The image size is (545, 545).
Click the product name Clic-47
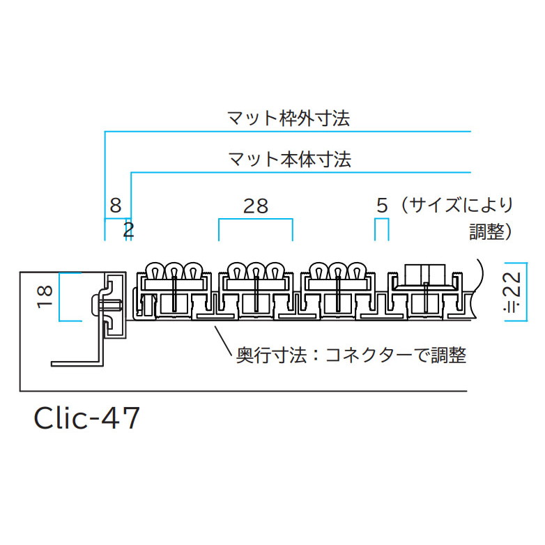[87, 417]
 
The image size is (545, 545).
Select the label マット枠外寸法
[289, 118]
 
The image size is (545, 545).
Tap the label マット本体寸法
[289, 159]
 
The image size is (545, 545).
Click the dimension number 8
[116, 206]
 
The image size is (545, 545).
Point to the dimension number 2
[129, 230]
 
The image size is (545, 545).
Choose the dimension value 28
[256, 206]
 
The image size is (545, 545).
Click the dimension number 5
[382, 206]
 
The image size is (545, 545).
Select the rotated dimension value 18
[45, 296]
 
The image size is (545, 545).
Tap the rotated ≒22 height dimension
[513, 291]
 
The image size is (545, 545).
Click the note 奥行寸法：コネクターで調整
[351, 355]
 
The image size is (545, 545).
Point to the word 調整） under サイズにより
[491, 231]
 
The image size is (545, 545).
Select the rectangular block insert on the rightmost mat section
[425, 274]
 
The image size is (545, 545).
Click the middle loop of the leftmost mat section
[175, 270]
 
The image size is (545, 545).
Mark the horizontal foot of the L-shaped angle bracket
[77, 364]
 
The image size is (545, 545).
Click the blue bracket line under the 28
[256, 220]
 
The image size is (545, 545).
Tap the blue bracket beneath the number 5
[382, 220]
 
